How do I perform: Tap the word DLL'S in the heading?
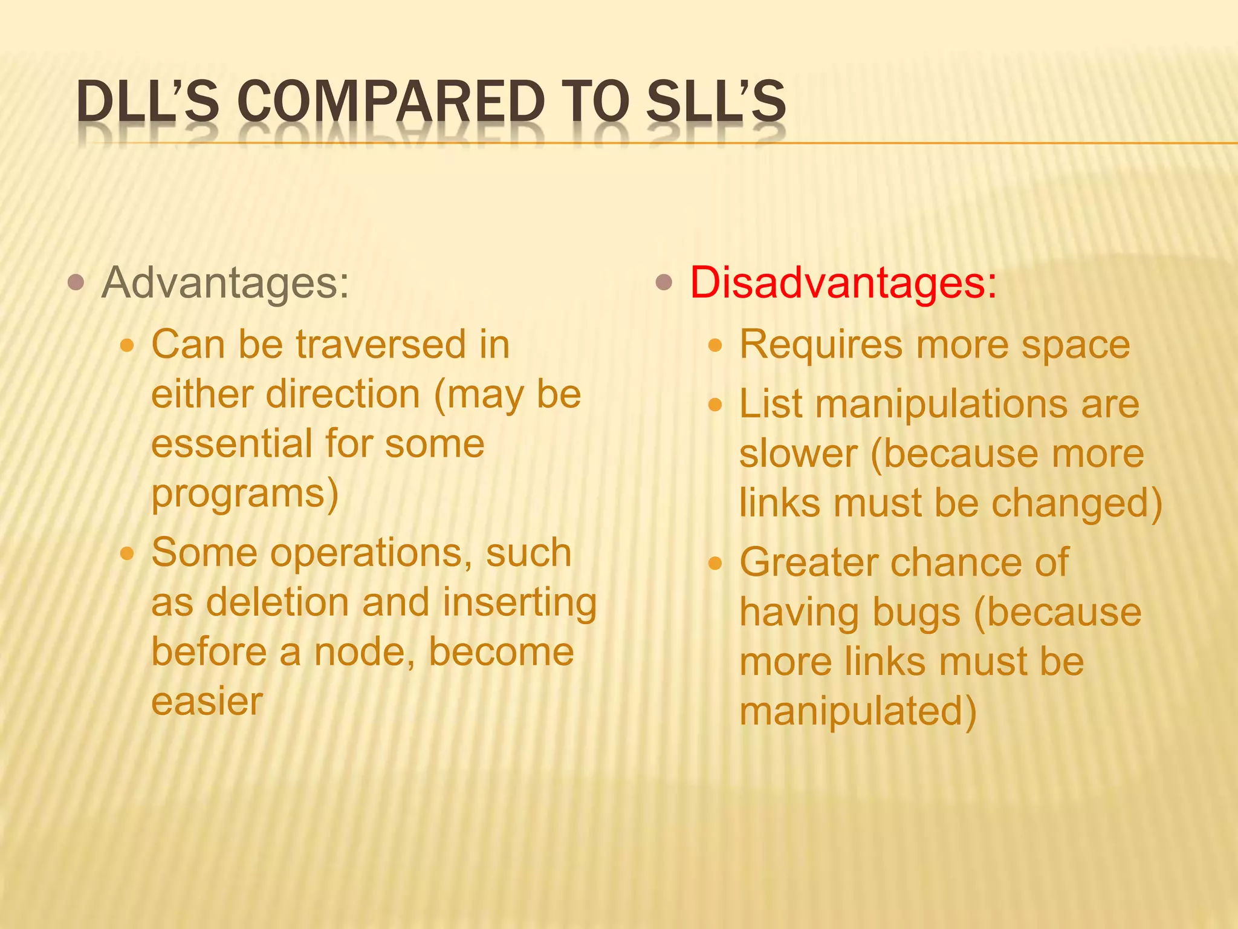[147, 101]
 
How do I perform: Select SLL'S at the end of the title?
[716, 101]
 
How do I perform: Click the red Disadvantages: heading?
[843, 282]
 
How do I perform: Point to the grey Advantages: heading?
[225, 282]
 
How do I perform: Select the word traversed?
[381, 345]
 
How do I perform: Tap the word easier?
[207, 702]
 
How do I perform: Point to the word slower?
[799, 454]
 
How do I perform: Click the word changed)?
[1077, 503]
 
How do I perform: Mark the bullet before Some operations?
[127, 553]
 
